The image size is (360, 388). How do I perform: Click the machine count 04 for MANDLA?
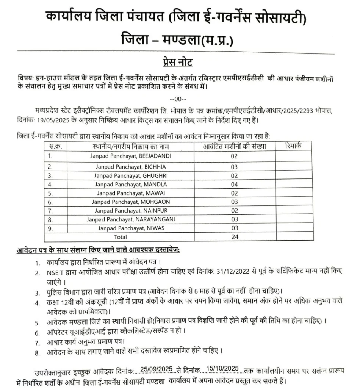coord(234,185)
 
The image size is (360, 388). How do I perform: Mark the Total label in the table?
coord(121,237)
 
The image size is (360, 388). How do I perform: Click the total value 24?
coord(234,237)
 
